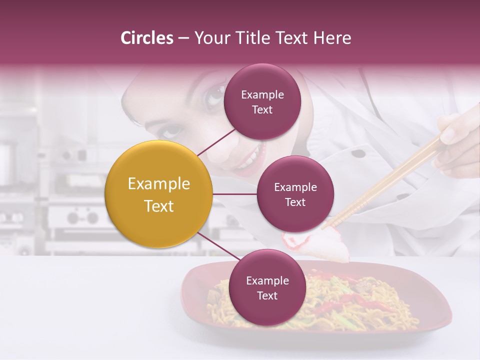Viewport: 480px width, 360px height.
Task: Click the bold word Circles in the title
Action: pos(147,38)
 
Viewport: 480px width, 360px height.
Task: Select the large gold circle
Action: pos(159,194)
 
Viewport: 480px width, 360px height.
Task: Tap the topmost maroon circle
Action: pos(262,101)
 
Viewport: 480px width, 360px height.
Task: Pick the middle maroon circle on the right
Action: pos(295,194)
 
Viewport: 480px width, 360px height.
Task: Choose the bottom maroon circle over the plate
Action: pos(267,287)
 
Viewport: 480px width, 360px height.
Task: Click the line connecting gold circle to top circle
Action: pos(216,142)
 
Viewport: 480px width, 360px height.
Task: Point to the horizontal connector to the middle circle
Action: pos(235,194)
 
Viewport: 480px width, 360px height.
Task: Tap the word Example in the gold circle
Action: pos(159,184)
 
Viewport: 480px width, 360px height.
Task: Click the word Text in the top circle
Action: pos(262,109)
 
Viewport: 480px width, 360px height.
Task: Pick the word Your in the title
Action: pos(210,38)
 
